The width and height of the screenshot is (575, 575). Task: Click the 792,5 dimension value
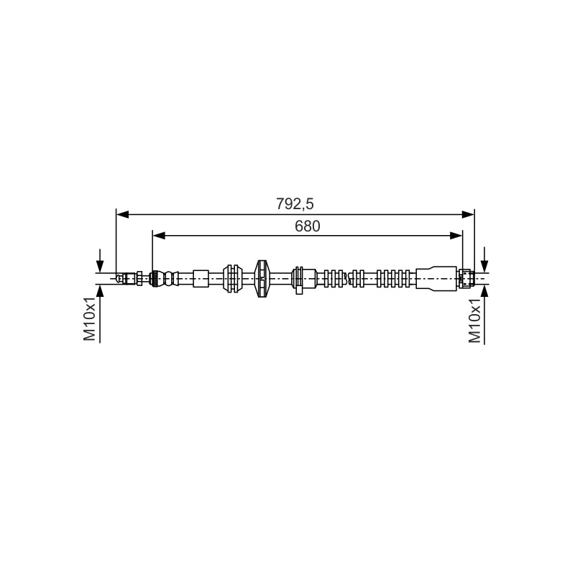click(295, 204)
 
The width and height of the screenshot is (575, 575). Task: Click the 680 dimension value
click(308, 226)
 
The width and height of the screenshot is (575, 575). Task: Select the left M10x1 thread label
click(89, 319)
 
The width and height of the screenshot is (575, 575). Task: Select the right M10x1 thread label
click(474, 321)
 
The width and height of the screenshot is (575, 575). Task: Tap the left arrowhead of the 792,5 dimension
click(122, 214)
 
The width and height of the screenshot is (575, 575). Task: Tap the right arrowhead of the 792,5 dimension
click(468, 214)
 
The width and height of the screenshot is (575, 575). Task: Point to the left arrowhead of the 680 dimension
click(159, 236)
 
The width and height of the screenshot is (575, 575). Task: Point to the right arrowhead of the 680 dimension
click(456, 236)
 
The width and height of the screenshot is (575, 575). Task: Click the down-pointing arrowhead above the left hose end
click(100, 266)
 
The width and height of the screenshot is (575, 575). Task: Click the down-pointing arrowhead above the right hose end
click(484, 266)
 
